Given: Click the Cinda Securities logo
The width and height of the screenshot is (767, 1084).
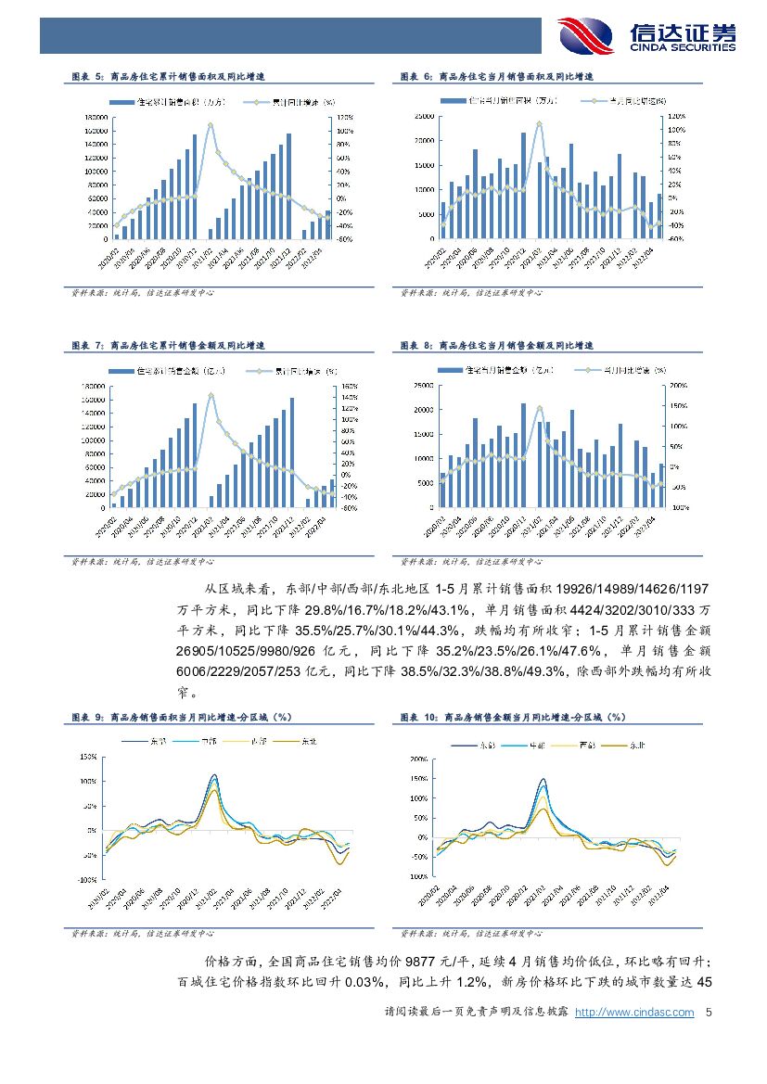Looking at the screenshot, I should coord(646,36).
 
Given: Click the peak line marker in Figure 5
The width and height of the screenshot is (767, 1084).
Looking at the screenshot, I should coord(211,125).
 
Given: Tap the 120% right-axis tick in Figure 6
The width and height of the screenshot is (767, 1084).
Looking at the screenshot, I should coord(674,117).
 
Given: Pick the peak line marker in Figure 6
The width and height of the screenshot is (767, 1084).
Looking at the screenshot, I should coord(539,124).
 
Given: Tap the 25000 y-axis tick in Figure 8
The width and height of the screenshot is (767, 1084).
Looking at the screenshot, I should coord(423,385).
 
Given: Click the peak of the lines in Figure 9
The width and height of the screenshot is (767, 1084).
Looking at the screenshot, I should coord(214,775).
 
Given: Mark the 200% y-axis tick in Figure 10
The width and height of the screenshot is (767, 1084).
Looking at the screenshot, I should coord(417,759).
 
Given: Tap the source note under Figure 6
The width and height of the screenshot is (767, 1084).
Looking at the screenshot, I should coord(472,293).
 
